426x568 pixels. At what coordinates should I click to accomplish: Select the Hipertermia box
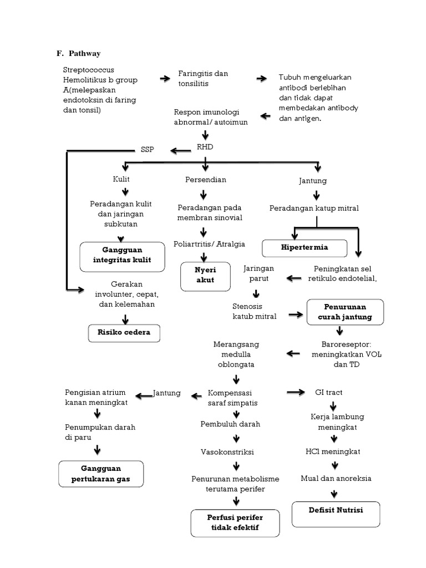coord(305,247)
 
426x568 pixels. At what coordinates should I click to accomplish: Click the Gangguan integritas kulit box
coord(123,256)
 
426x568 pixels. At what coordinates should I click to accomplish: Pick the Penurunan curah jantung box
coord(344,312)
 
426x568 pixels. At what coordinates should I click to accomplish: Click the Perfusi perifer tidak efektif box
coord(235,523)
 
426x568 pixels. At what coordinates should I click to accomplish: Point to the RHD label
coord(205,147)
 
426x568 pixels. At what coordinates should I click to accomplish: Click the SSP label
coord(148,150)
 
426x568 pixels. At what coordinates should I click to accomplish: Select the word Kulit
coord(121,180)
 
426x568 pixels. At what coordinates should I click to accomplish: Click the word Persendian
coord(205,180)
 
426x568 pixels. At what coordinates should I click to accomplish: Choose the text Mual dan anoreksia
coord(336,478)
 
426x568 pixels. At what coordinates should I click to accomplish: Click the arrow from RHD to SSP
coord(180,150)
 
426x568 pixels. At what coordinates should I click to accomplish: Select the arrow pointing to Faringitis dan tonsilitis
coord(165,79)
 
